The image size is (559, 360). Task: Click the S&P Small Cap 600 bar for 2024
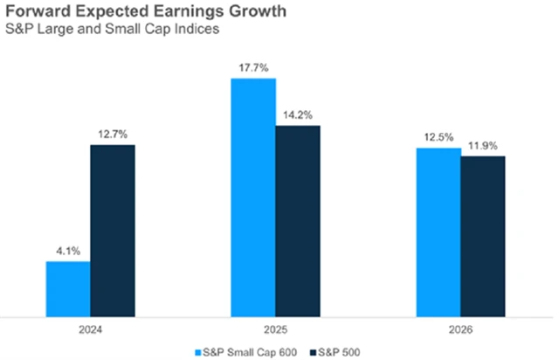68,287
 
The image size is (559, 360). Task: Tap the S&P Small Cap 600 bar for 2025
253,196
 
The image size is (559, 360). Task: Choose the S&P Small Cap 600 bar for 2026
438,231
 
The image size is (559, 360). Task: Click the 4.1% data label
68,252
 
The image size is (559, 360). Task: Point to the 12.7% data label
113,134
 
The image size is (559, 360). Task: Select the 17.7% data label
253,66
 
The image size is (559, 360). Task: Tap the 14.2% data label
299,114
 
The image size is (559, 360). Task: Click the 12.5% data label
438,137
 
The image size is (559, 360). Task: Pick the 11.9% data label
483,145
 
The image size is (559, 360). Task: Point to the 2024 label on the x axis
90,330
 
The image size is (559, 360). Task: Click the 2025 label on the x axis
275,330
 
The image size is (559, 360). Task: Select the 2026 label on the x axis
460,330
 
